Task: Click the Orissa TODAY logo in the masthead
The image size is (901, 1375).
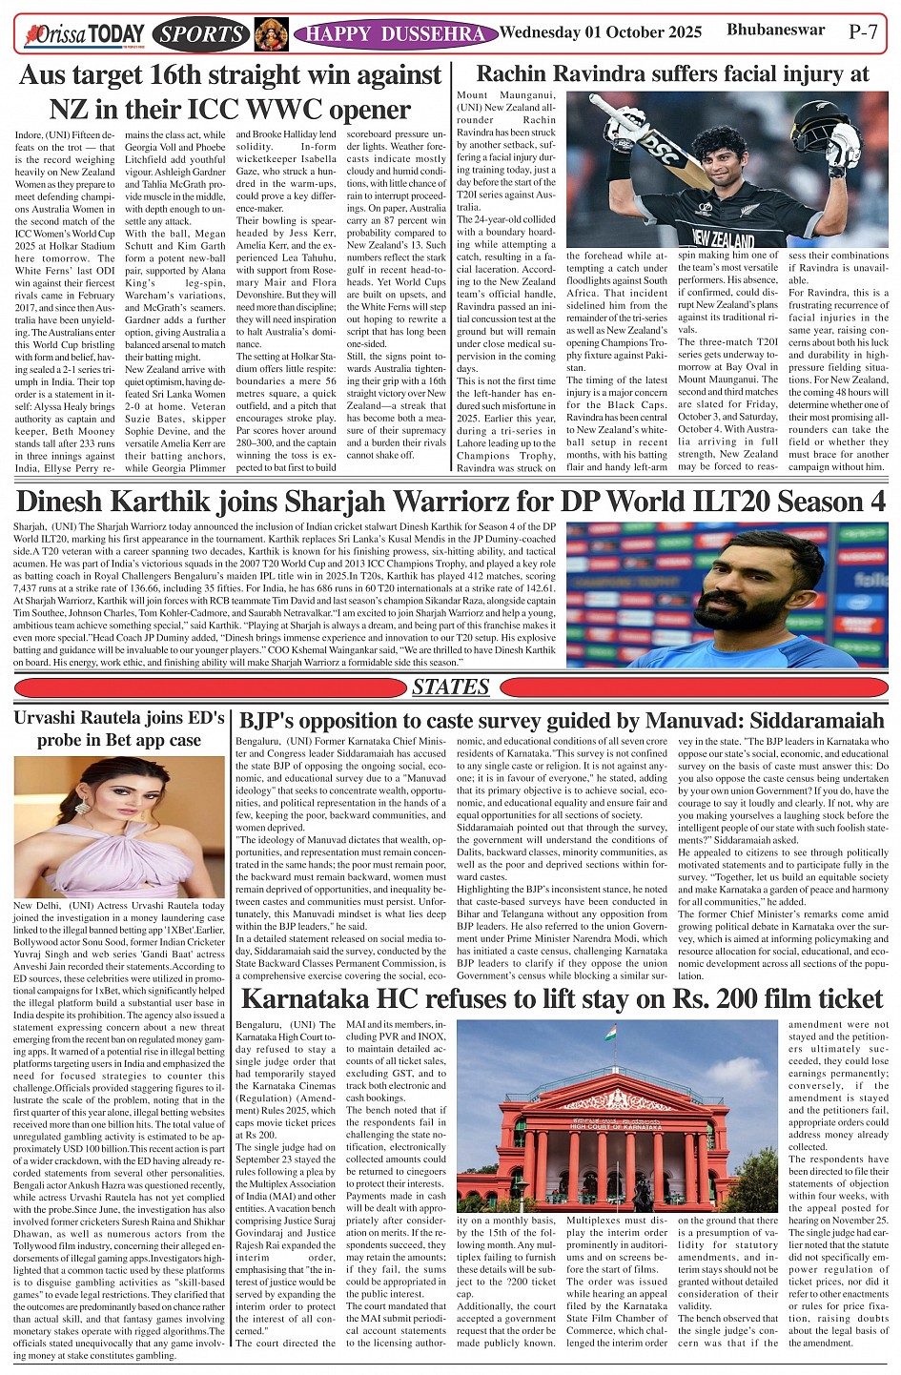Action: click(x=85, y=35)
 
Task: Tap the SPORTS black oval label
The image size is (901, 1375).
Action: click(x=201, y=35)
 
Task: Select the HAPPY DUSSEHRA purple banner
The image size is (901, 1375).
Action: click(x=395, y=35)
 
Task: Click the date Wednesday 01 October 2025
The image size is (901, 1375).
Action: click(x=601, y=32)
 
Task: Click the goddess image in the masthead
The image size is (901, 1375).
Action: click(x=271, y=35)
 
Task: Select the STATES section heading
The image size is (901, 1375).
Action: click(x=450, y=687)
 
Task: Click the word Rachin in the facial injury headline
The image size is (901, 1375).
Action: click(x=519, y=74)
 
